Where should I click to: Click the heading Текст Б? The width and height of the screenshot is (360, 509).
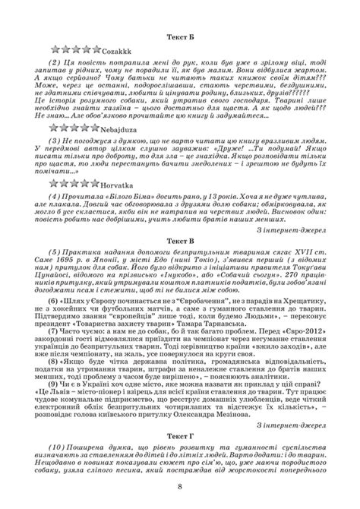(180, 36)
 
